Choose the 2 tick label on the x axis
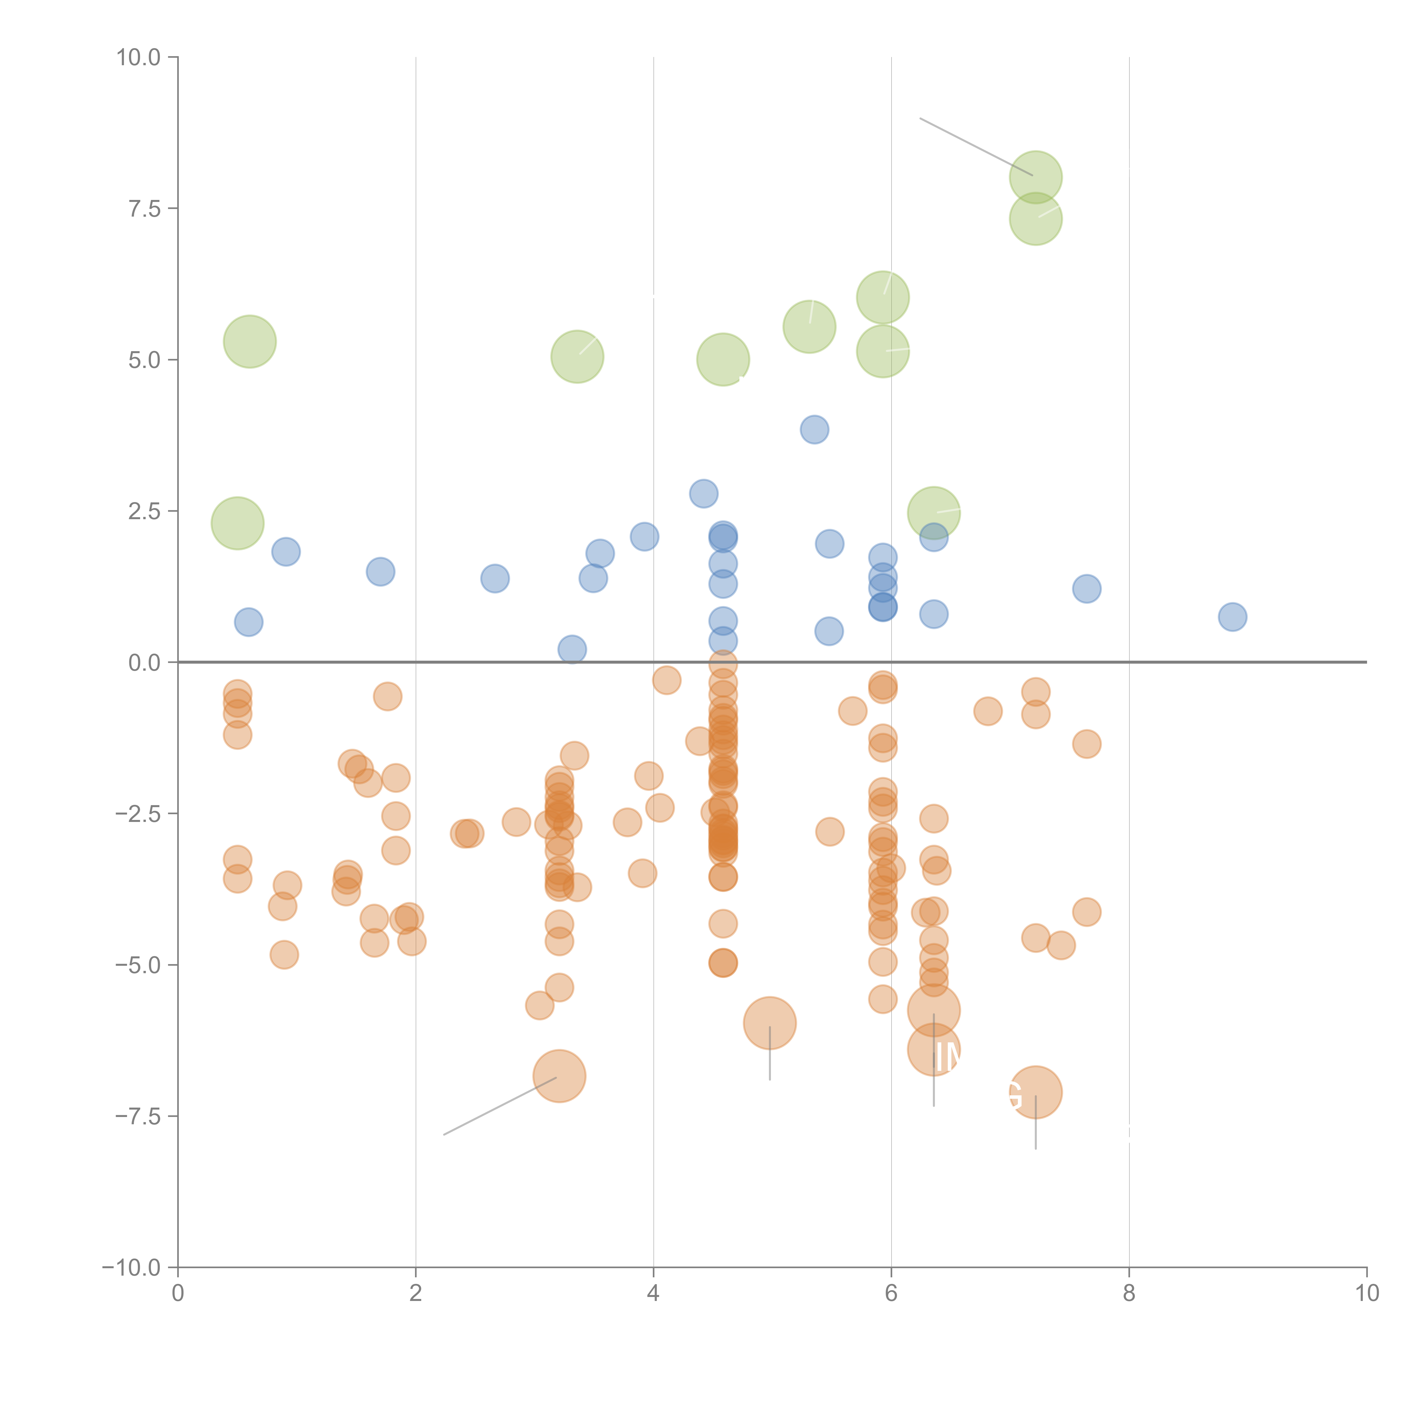pyautogui.click(x=416, y=1294)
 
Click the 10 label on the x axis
pyautogui.click(x=1366, y=1294)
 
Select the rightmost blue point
pyautogui.click(x=1232, y=617)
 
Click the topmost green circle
pyautogui.click(x=1036, y=177)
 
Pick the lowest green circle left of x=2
pyautogui.click(x=237, y=523)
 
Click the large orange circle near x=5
pyautogui.click(x=770, y=1022)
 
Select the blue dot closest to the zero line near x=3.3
pyautogui.click(x=572, y=649)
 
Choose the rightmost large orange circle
pyautogui.click(x=1036, y=1092)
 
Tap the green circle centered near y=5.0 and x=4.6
pyautogui.click(x=723, y=360)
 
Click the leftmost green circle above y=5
pyautogui.click(x=250, y=341)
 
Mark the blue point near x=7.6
pyautogui.click(x=1087, y=588)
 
